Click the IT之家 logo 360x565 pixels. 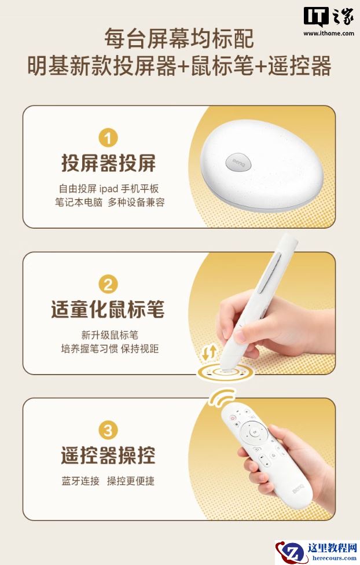(x=329, y=17)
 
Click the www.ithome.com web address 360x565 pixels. (x=329, y=34)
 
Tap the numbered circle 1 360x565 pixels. (x=108, y=138)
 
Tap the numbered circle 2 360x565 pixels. (x=108, y=285)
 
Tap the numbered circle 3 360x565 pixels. (x=108, y=430)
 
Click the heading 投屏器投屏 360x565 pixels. (x=108, y=163)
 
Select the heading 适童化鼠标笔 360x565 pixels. (x=108, y=309)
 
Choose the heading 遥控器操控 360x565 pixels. (x=108, y=455)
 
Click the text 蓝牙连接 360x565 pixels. (x=80, y=481)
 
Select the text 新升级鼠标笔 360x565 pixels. (x=109, y=335)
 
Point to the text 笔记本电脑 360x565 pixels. (x=79, y=202)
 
